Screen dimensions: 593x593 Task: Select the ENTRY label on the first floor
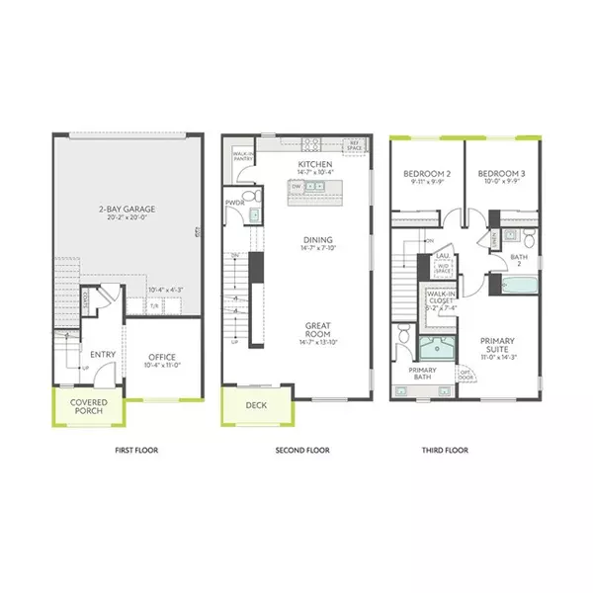coord(104,354)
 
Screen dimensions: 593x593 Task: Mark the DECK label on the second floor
coord(255,404)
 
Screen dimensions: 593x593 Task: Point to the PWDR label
coord(235,203)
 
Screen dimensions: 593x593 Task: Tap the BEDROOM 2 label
coord(427,177)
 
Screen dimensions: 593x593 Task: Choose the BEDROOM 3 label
coord(501,177)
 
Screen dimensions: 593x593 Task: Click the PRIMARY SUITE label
coord(498,347)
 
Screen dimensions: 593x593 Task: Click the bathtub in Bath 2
coord(517,287)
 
